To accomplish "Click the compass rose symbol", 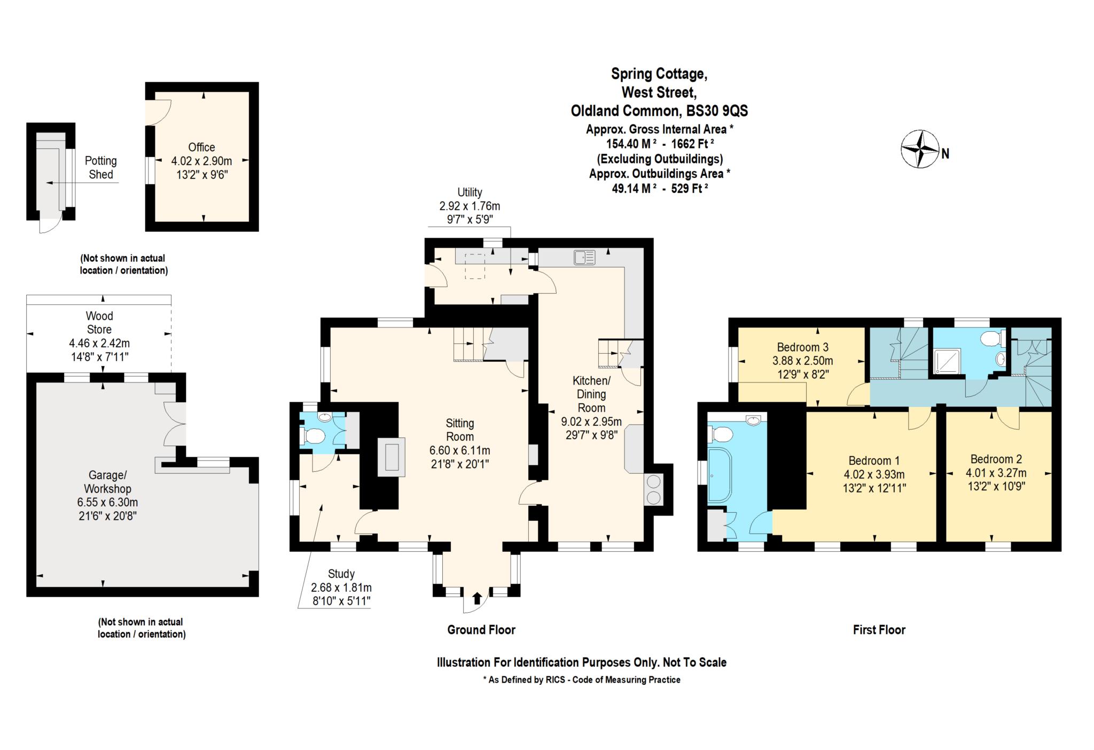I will [x=920, y=149].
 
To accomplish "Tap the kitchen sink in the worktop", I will [x=584, y=257].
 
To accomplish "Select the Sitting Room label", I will [x=459, y=430].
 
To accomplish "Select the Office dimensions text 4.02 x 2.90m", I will [x=201, y=161].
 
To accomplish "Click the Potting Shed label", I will [x=100, y=168].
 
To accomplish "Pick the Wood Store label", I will [x=99, y=323].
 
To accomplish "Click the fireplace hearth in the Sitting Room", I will [x=391, y=457].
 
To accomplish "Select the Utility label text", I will [x=470, y=192].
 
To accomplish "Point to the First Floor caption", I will [x=879, y=630].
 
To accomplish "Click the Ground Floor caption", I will [x=481, y=630].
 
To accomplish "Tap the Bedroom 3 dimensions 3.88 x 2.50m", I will [x=802, y=361].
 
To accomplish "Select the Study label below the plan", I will [x=341, y=574].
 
